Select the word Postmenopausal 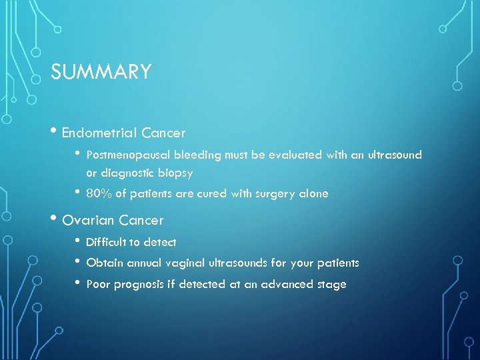point(129,155)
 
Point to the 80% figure point(98,194)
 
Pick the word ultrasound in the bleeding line point(391,155)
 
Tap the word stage point(332,284)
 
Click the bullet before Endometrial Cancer point(55,133)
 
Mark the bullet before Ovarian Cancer point(55,220)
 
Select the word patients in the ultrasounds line point(338,263)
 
